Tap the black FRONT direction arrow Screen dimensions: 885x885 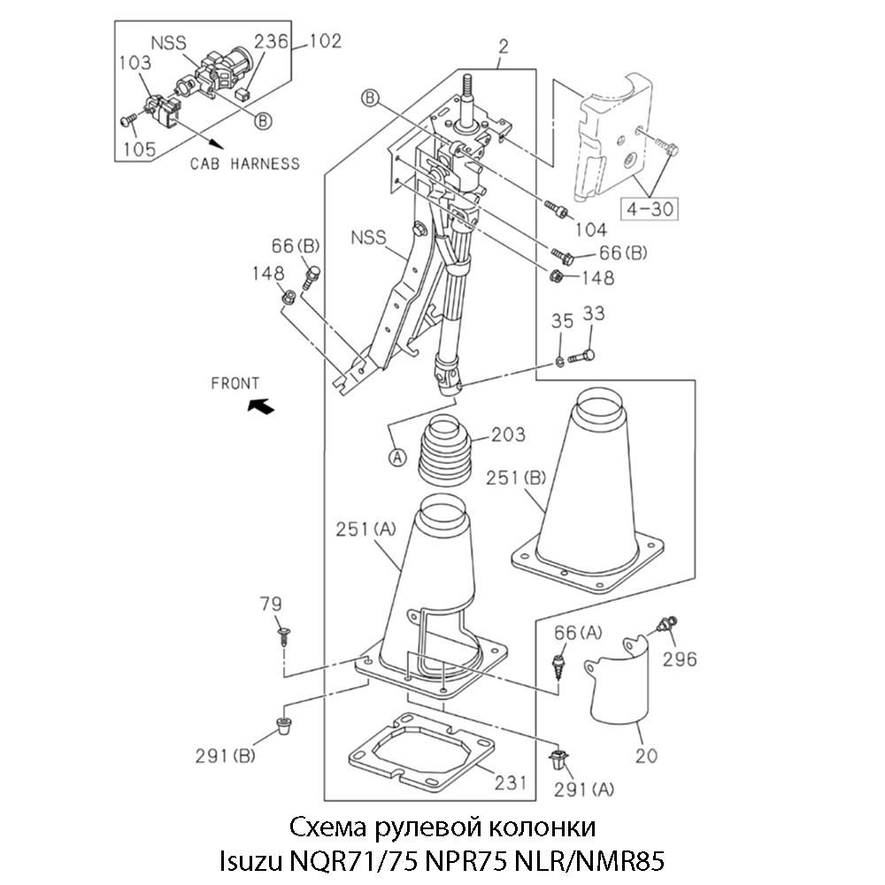coord(260,406)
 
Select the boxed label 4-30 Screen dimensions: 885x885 coord(650,209)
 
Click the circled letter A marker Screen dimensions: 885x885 coord(397,458)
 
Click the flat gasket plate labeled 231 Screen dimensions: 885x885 coord(416,751)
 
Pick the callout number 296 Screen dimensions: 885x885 coord(679,658)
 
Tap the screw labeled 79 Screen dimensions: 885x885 coord(284,634)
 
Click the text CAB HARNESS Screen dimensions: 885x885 coord(245,164)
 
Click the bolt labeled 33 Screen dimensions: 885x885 coord(580,357)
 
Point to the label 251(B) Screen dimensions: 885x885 coord(519,478)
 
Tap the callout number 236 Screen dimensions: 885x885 coord(271,41)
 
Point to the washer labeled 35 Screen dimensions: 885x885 coord(560,360)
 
